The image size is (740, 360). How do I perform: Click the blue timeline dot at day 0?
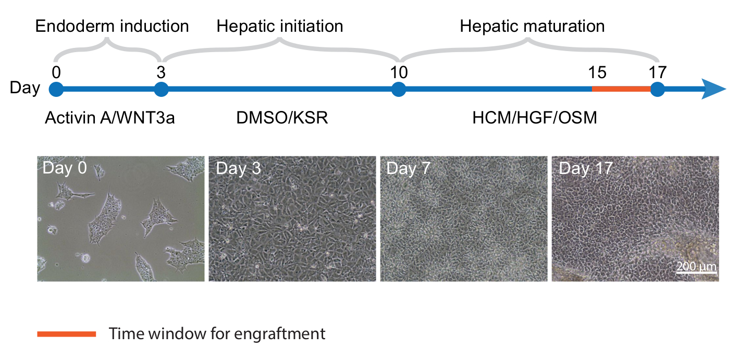[x=56, y=90]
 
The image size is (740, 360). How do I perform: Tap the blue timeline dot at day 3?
[x=162, y=90]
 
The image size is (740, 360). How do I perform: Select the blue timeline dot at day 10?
[x=399, y=90]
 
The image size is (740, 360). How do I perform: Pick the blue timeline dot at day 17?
[x=658, y=90]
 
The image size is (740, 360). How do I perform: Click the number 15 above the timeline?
[x=597, y=71]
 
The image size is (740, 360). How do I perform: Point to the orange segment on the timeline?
[x=621, y=90]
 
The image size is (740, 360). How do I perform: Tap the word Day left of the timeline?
[x=25, y=89]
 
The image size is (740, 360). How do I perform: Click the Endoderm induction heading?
[x=112, y=26]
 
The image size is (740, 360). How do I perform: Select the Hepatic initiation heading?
[x=280, y=26]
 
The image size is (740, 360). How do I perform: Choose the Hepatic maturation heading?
[x=532, y=26]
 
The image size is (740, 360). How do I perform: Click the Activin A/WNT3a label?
[x=109, y=118]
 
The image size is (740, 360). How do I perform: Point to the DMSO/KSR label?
[x=282, y=118]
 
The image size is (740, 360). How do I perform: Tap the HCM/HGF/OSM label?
[x=535, y=118]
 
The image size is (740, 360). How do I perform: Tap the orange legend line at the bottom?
[x=67, y=334]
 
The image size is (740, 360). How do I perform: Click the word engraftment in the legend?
[x=283, y=334]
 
